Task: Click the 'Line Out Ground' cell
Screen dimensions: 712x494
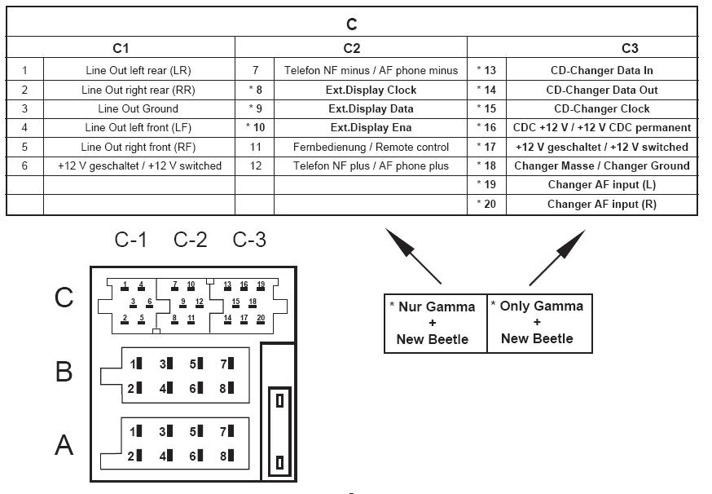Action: point(138,109)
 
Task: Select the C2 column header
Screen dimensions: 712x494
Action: point(351,48)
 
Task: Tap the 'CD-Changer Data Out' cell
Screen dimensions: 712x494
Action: point(602,90)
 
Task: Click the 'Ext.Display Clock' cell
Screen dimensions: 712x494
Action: point(371,90)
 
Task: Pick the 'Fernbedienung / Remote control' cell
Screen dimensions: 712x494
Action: point(371,148)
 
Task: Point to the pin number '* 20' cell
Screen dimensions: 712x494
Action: point(486,204)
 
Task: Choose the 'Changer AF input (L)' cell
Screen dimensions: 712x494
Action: point(602,184)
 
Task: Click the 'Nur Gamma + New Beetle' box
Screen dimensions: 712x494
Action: point(436,323)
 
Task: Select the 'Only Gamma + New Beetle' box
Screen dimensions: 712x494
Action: point(539,323)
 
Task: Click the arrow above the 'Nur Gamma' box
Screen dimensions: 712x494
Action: point(413,256)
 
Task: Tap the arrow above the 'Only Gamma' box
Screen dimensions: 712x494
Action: point(557,258)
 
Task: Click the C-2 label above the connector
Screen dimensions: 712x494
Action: point(191,240)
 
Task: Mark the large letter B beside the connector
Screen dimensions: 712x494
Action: point(64,371)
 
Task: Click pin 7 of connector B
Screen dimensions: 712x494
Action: point(227,364)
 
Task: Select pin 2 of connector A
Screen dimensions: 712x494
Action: point(135,456)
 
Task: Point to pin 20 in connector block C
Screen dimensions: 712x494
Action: point(261,319)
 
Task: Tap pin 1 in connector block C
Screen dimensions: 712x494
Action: point(125,286)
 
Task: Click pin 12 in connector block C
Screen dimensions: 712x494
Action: point(200,302)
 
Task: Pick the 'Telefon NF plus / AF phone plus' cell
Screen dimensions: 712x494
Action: point(371,165)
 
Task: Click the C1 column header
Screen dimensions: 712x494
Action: point(121,48)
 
